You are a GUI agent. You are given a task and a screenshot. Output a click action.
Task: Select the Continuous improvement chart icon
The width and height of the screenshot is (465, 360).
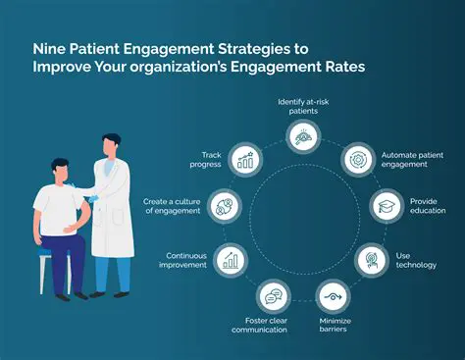pyautogui.click(x=232, y=260)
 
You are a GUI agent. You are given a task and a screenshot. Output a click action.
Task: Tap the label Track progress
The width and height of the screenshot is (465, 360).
pyautogui.click(x=208, y=160)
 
